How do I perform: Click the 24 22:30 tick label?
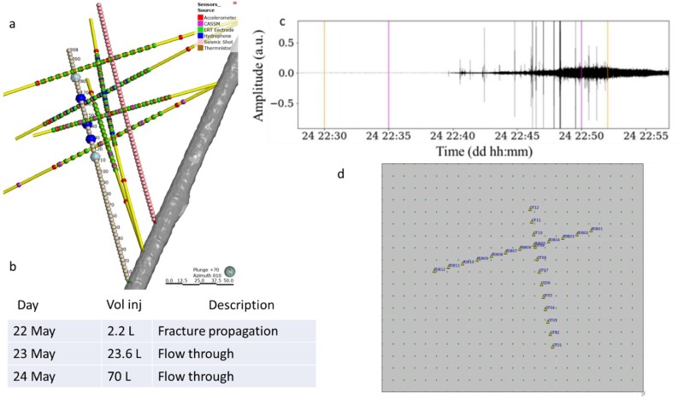click(324, 134)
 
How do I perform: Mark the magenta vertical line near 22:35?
click(389, 73)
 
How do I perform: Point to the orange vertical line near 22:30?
click(324, 73)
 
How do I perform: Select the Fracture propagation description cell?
click(211, 331)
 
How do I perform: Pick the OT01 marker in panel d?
click(554, 346)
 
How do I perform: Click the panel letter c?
click(283, 22)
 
